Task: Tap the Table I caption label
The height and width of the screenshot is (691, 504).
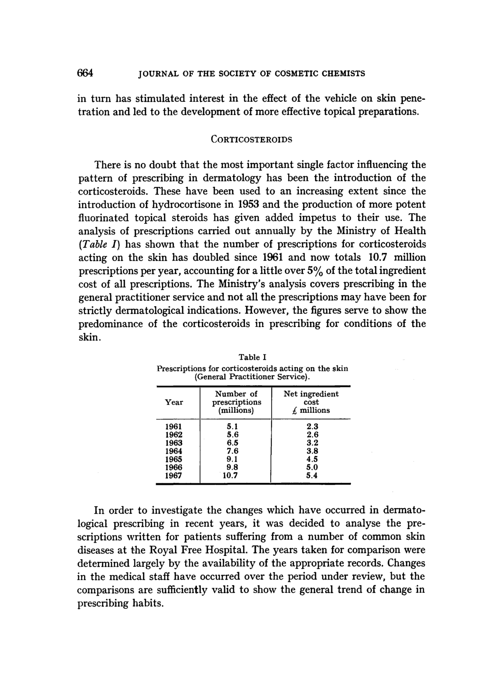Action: coord(253,357)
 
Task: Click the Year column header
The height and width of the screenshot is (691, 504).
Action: coord(174,402)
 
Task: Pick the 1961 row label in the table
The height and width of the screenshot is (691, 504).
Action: coord(173,426)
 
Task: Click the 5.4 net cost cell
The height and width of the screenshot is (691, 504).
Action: coord(312,475)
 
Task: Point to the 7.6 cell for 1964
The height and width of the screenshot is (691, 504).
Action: coord(233,451)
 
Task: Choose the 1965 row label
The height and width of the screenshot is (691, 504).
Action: coord(173,459)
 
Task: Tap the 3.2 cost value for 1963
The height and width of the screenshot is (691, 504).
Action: coord(312,443)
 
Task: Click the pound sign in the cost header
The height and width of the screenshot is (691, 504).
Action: coord(294,411)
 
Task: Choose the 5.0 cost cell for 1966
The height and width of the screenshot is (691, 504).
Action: coord(312,467)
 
